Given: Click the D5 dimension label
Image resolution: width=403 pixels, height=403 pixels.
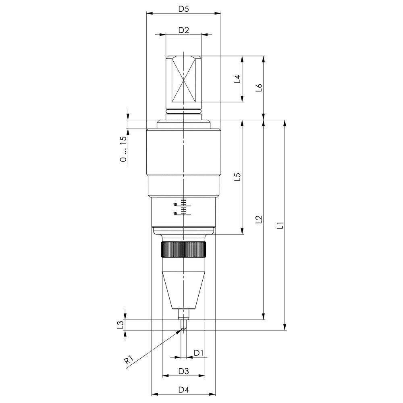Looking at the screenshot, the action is tap(183, 9).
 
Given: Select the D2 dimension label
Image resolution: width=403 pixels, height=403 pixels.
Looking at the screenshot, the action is tap(183, 30).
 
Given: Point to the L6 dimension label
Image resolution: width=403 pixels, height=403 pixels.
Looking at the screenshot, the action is tap(259, 87).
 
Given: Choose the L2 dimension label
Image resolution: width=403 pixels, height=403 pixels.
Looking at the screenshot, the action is tap(259, 219).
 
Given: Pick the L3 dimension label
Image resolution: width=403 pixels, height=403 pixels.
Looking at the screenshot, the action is tap(120, 324).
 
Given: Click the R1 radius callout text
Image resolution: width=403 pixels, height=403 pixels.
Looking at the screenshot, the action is tap(129, 359).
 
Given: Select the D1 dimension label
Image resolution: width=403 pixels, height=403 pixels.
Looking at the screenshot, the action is tap(198, 353).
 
